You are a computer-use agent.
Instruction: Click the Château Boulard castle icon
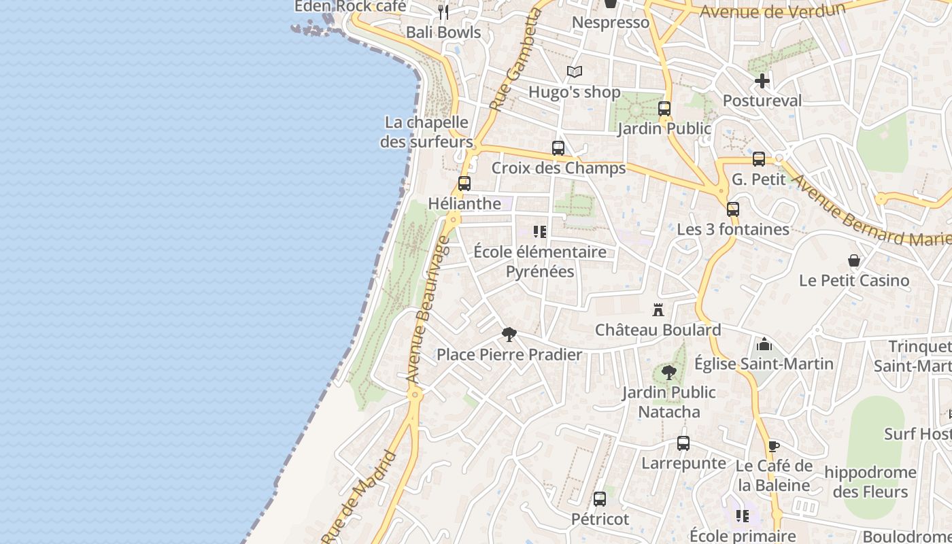point(658,310)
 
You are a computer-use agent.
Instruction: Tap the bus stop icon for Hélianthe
point(464,184)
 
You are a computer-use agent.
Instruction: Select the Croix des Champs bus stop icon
point(558,148)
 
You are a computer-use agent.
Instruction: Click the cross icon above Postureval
point(762,81)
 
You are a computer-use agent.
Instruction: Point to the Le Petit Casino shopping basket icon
point(854,260)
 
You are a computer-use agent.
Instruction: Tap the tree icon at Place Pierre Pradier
point(509,335)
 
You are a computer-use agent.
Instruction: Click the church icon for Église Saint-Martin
point(764,344)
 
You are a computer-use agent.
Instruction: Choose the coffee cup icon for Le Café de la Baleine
point(773,447)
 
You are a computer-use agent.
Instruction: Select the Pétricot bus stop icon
point(600,499)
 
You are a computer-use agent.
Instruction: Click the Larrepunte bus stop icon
point(683,443)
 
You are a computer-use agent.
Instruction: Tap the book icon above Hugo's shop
point(575,72)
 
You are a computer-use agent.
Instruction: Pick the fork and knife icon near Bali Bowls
point(443,12)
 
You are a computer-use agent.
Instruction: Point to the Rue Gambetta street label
point(513,61)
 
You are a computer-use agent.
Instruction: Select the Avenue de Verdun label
point(772,11)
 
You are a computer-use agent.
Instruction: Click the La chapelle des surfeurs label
point(426,132)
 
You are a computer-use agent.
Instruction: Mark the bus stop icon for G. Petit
point(759,159)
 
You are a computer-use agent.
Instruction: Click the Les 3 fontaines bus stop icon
point(733,209)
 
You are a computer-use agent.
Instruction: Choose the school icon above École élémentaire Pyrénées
point(540,232)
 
